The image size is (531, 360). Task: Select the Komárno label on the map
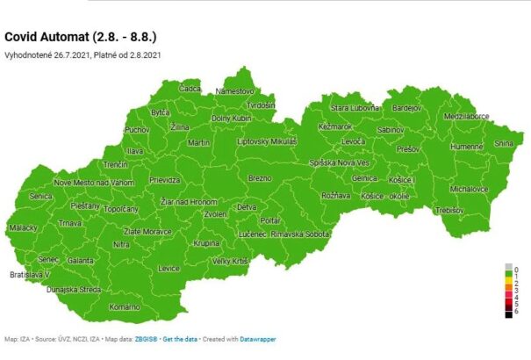(125, 306)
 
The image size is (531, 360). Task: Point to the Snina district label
(504, 143)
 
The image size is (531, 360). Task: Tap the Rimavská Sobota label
(300, 234)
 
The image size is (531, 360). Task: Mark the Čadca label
(190, 89)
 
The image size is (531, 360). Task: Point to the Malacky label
(23, 227)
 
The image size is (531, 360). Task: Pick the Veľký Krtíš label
(227, 261)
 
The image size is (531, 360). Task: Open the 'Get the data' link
(180, 338)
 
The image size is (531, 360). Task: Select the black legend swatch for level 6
(508, 310)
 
